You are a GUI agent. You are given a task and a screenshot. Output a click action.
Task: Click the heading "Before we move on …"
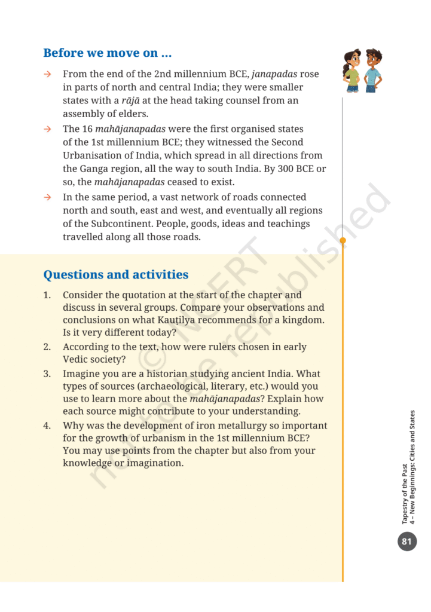(x=108, y=53)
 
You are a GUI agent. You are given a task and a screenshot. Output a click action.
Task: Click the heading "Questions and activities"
(x=115, y=275)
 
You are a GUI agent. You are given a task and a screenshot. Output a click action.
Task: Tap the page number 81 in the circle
(x=407, y=542)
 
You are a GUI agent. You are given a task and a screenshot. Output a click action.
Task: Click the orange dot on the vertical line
(x=343, y=241)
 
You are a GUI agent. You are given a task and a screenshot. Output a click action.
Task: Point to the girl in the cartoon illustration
(x=352, y=71)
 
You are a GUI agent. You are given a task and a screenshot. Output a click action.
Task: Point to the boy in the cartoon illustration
(x=372, y=71)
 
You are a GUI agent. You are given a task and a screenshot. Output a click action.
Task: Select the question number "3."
(x=47, y=374)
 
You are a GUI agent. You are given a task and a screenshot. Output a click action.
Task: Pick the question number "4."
(x=47, y=426)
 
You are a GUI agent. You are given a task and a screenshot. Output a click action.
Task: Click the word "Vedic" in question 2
(x=77, y=360)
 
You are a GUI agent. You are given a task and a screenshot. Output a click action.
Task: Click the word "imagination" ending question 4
(x=155, y=463)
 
